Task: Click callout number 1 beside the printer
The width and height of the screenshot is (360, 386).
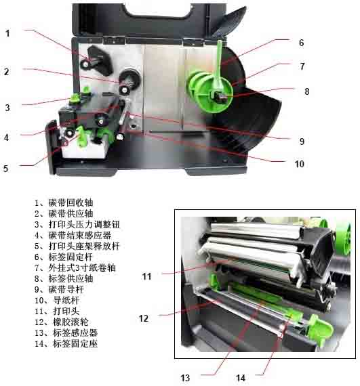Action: (x=7, y=33)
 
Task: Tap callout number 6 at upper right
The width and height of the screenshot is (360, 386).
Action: (x=301, y=43)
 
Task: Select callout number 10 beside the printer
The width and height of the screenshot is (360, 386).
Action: (x=300, y=164)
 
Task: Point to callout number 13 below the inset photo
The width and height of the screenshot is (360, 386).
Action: (x=185, y=378)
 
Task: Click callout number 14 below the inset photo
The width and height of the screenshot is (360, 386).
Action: (x=241, y=378)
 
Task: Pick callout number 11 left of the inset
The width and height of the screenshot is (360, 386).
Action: (x=146, y=276)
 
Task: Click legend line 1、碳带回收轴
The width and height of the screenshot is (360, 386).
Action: (x=64, y=202)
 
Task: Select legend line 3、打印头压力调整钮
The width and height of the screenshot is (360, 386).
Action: (x=77, y=224)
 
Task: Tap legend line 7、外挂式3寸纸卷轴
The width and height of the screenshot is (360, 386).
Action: (x=75, y=267)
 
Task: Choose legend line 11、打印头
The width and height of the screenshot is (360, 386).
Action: (x=57, y=311)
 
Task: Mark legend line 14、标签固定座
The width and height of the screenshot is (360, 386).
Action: (x=66, y=343)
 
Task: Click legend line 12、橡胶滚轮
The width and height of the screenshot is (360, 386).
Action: (x=61, y=322)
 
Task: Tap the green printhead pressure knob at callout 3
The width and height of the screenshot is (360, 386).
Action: (x=74, y=98)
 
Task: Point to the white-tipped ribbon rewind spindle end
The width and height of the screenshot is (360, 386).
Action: (x=85, y=64)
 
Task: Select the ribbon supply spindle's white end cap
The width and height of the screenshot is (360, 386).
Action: (x=125, y=90)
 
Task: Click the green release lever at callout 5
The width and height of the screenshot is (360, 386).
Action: (x=81, y=136)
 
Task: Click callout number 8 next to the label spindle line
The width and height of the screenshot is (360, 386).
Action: (x=306, y=91)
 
